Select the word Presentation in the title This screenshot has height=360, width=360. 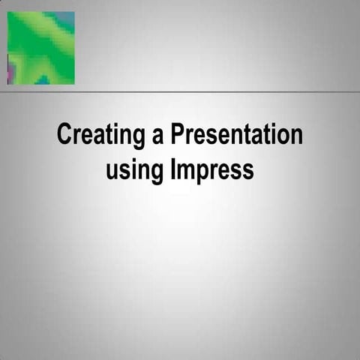coord(236,136)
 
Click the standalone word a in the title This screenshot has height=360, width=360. coord(158,137)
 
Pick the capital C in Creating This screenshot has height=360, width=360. coord(64,136)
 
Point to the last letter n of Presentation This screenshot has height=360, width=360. coord(297,137)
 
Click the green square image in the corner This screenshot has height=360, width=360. coord(40,48)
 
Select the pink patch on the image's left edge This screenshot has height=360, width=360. coord(10,72)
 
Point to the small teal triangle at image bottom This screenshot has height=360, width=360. coord(43,79)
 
